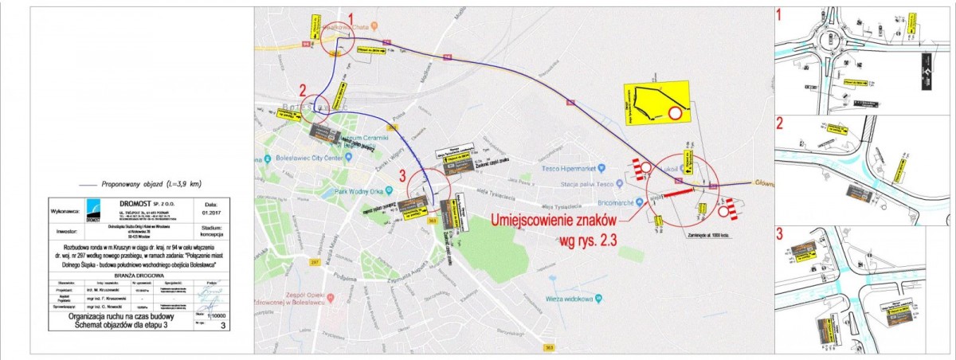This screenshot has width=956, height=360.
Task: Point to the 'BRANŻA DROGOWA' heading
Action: pyautogui.click(x=139, y=272)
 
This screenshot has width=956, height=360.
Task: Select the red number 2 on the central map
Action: pyautogui.click(x=302, y=88)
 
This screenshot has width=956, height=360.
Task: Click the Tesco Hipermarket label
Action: pyautogui.click(x=570, y=168)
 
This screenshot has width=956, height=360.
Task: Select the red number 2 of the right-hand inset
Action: pyautogui.click(x=780, y=123)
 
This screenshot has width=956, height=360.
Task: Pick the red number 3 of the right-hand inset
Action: pyautogui.click(x=781, y=234)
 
